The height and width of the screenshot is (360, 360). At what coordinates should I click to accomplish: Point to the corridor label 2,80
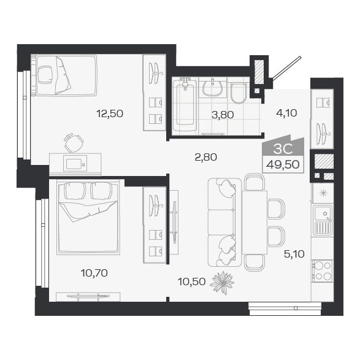click(x=205, y=157)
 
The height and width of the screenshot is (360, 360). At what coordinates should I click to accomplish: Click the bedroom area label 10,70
click(x=95, y=273)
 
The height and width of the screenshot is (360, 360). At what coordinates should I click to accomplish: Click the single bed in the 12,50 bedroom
click(x=64, y=75)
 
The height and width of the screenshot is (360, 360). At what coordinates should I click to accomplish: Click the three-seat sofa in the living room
click(x=222, y=221)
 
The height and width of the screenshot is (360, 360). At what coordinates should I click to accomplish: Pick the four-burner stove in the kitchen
click(x=322, y=271)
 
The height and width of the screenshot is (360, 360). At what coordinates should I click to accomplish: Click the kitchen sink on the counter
click(x=321, y=220)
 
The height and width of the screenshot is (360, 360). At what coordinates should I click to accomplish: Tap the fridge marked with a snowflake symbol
click(x=322, y=192)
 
